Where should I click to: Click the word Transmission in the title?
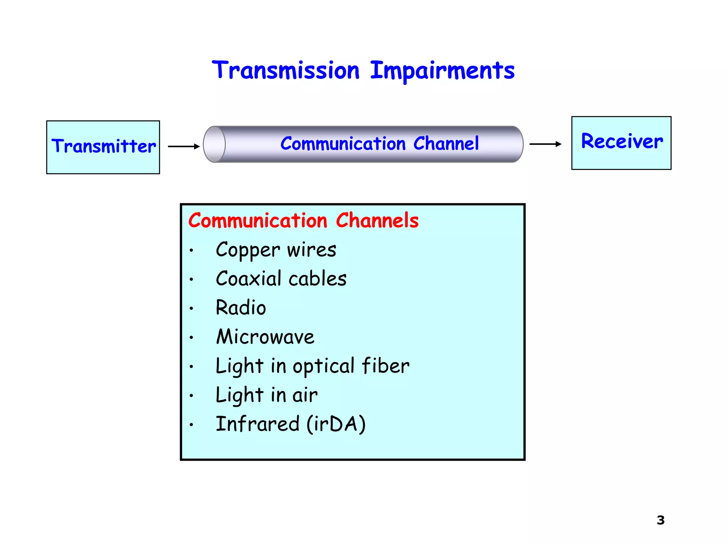(286, 70)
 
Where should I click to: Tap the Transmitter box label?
(103, 146)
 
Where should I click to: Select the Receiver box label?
(622, 141)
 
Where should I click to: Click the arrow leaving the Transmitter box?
(184, 146)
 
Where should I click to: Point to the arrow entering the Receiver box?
(545, 144)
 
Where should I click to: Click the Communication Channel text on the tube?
(379, 144)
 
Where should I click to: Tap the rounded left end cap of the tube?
(214, 144)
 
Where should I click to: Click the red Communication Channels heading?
(303, 220)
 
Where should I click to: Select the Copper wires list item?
(276, 250)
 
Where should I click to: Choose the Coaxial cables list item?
(281, 279)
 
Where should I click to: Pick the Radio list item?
(241, 308)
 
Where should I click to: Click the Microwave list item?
(265, 337)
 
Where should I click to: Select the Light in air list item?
(266, 395)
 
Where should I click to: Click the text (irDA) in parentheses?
(336, 424)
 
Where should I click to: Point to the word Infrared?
(258, 424)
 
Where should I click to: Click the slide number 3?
(660, 520)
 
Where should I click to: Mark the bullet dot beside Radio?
(191, 308)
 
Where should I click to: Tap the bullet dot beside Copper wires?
(191, 251)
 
